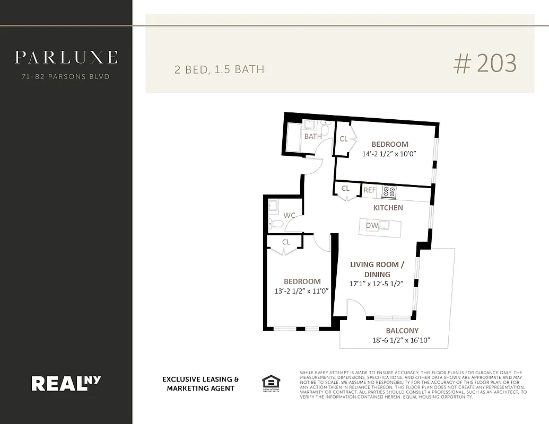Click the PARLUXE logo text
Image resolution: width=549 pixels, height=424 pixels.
[x=66, y=57]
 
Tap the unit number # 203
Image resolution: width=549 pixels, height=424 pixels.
[x=485, y=64]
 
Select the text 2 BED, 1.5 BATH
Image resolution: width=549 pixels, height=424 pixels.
[x=219, y=69]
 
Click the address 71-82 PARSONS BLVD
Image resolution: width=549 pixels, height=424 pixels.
[x=66, y=77]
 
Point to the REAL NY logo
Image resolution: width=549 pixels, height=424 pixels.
[x=66, y=383]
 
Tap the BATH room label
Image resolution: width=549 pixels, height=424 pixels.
[x=313, y=136]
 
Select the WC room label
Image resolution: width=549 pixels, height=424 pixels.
[x=289, y=215]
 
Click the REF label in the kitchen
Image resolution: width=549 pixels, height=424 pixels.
[x=370, y=190]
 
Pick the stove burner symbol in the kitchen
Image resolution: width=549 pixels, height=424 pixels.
[x=389, y=191]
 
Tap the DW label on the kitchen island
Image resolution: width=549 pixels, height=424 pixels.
[x=372, y=226]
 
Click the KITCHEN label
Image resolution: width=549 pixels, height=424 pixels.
[x=388, y=208]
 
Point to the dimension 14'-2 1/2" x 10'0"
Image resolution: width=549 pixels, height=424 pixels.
[x=389, y=154]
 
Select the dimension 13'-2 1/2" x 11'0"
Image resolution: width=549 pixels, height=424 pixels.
[x=302, y=291]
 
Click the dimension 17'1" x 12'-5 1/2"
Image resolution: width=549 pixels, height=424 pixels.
[x=377, y=284]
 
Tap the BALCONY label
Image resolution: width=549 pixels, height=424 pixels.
[x=402, y=331]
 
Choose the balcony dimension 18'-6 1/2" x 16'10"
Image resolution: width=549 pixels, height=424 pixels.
[x=402, y=340]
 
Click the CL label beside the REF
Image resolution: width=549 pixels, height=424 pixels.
[x=345, y=188]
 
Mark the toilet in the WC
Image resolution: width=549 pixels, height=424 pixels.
[x=275, y=224]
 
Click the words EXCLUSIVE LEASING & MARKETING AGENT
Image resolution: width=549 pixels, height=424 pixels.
[x=201, y=384]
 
